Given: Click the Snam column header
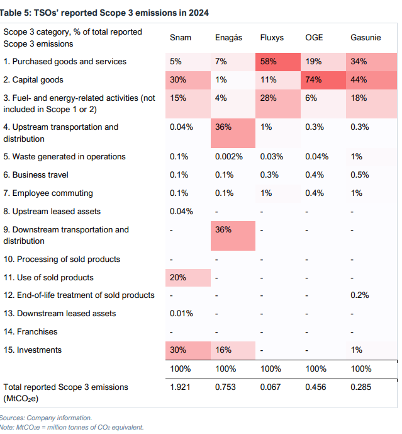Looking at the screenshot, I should [181, 38].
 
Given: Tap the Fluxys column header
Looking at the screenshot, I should [272, 38].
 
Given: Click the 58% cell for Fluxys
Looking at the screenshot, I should [269, 62].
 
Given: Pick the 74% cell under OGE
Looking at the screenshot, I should [314, 80].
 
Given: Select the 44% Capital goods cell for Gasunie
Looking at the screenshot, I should [359, 80].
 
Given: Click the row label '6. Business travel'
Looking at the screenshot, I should [36, 175].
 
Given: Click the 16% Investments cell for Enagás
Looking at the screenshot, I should [223, 350].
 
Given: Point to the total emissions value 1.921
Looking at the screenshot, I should [181, 387].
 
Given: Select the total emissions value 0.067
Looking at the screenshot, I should [272, 387].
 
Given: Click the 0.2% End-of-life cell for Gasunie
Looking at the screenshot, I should [360, 295].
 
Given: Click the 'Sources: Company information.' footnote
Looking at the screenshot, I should [46, 418].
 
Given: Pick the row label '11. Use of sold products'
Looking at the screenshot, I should [48, 278].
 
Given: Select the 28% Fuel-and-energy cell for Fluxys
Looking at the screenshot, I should [269, 98].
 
